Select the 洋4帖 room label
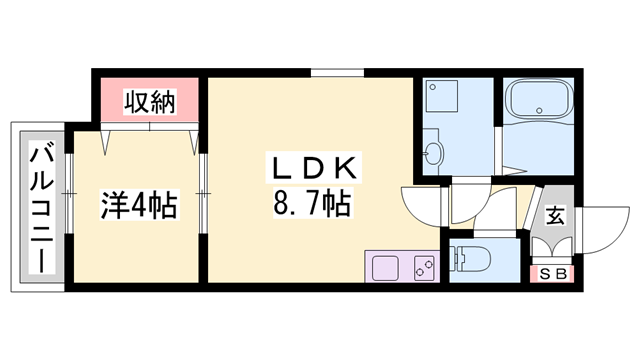[x=138, y=207]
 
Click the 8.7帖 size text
[x=311, y=207]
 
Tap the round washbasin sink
[x=433, y=154]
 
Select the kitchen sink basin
[x=386, y=267]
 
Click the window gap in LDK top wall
[x=336, y=73]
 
